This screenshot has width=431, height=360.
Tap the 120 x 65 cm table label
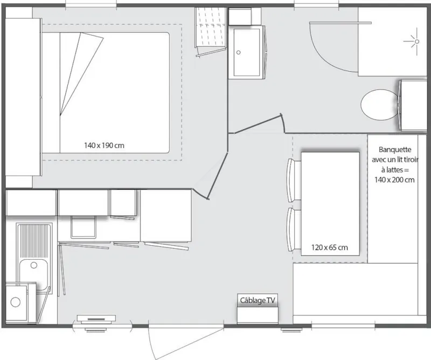pos(329,247)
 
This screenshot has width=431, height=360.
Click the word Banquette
pos(395,150)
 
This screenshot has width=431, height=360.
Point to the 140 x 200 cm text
pos(394,180)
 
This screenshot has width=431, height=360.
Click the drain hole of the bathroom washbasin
pos(239,53)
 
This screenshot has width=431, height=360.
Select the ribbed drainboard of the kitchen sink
pos(34,240)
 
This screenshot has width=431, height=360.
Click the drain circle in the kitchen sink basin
pos(34,265)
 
